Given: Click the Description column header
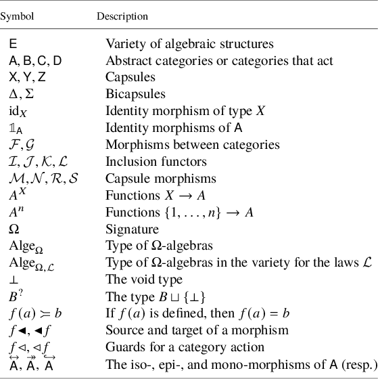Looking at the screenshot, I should pyautogui.click(x=122, y=16).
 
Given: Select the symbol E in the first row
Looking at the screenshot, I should pyautogui.click(x=13, y=44).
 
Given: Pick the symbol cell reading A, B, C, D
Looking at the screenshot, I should pyautogui.click(x=35, y=61).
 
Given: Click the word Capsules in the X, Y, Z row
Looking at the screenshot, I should pyautogui.click(x=131, y=77).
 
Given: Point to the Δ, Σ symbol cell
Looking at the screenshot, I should pyautogui.click(x=22, y=94).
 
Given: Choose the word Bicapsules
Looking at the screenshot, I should pyautogui.click(x=135, y=94).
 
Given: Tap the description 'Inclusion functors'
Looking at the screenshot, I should pyautogui.click(x=156, y=161).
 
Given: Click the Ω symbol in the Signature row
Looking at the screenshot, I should pyautogui.click(x=14, y=228).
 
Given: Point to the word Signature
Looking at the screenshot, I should pyautogui.click(x=132, y=228).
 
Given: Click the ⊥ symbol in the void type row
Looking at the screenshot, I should pyautogui.click(x=13, y=279).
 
